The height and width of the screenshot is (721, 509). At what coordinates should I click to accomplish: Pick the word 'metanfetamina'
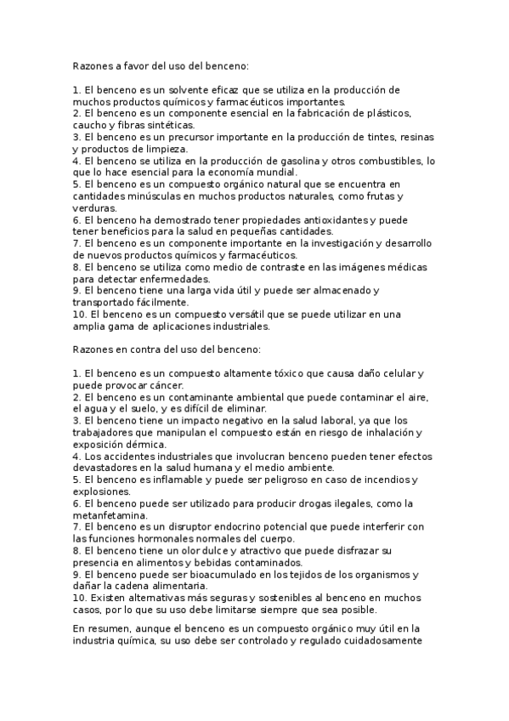click(x=110, y=515)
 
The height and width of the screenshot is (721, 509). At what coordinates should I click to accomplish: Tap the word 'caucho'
click(x=89, y=125)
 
